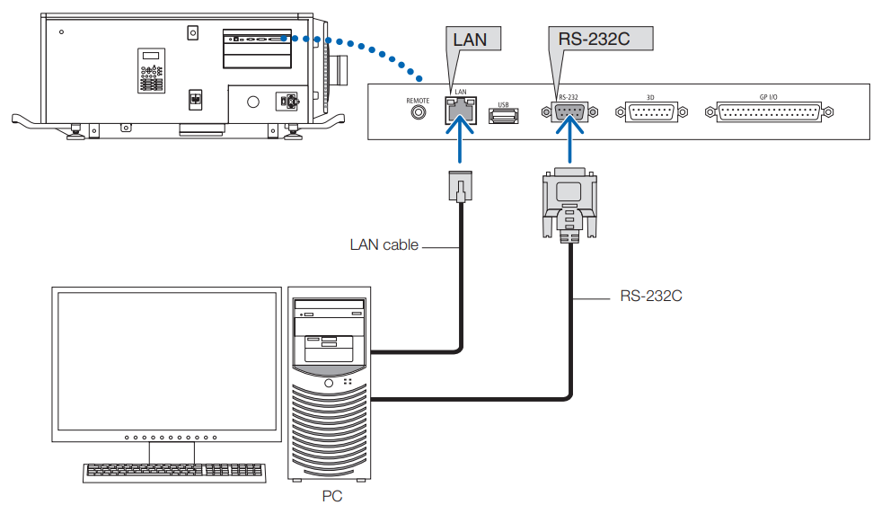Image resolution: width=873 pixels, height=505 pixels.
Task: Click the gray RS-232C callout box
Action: click(x=600, y=39)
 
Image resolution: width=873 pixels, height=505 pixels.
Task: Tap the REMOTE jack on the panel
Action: click(x=418, y=112)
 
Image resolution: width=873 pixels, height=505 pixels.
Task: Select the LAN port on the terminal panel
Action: click(x=461, y=112)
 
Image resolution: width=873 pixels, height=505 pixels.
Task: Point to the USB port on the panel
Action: click(x=502, y=113)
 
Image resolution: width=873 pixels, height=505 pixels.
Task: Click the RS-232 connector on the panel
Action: click(x=569, y=112)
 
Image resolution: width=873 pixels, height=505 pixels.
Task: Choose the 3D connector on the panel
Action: click(x=652, y=112)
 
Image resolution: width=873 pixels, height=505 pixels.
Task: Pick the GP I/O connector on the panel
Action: click(x=775, y=112)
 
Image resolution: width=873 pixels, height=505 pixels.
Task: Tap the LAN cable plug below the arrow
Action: click(x=460, y=185)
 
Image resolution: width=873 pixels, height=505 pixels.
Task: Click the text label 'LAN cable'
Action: click(x=384, y=244)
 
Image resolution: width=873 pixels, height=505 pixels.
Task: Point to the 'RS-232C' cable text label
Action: click(x=651, y=295)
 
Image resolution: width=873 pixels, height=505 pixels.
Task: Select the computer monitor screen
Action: click(x=165, y=359)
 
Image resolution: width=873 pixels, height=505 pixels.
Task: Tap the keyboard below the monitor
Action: click(x=175, y=471)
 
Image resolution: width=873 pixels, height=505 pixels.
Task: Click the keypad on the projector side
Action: click(x=151, y=70)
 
